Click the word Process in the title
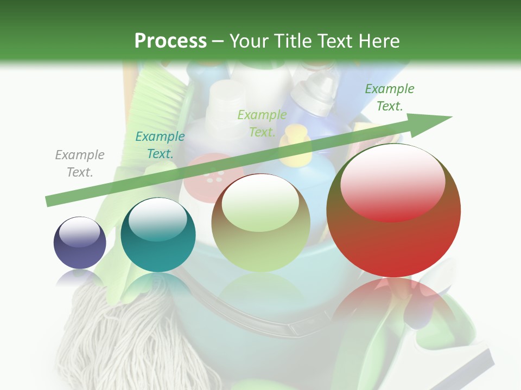tap(170, 41)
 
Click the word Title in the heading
tap(293, 41)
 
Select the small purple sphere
tap(80, 243)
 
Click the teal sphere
tap(158, 235)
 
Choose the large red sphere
tap(393, 210)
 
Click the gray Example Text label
tap(80, 163)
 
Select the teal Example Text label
tap(160, 145)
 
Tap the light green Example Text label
tap(262, 123)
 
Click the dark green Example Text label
tap(389, 97)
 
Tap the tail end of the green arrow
tap(50, 200)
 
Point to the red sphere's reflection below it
tap(393, 303)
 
